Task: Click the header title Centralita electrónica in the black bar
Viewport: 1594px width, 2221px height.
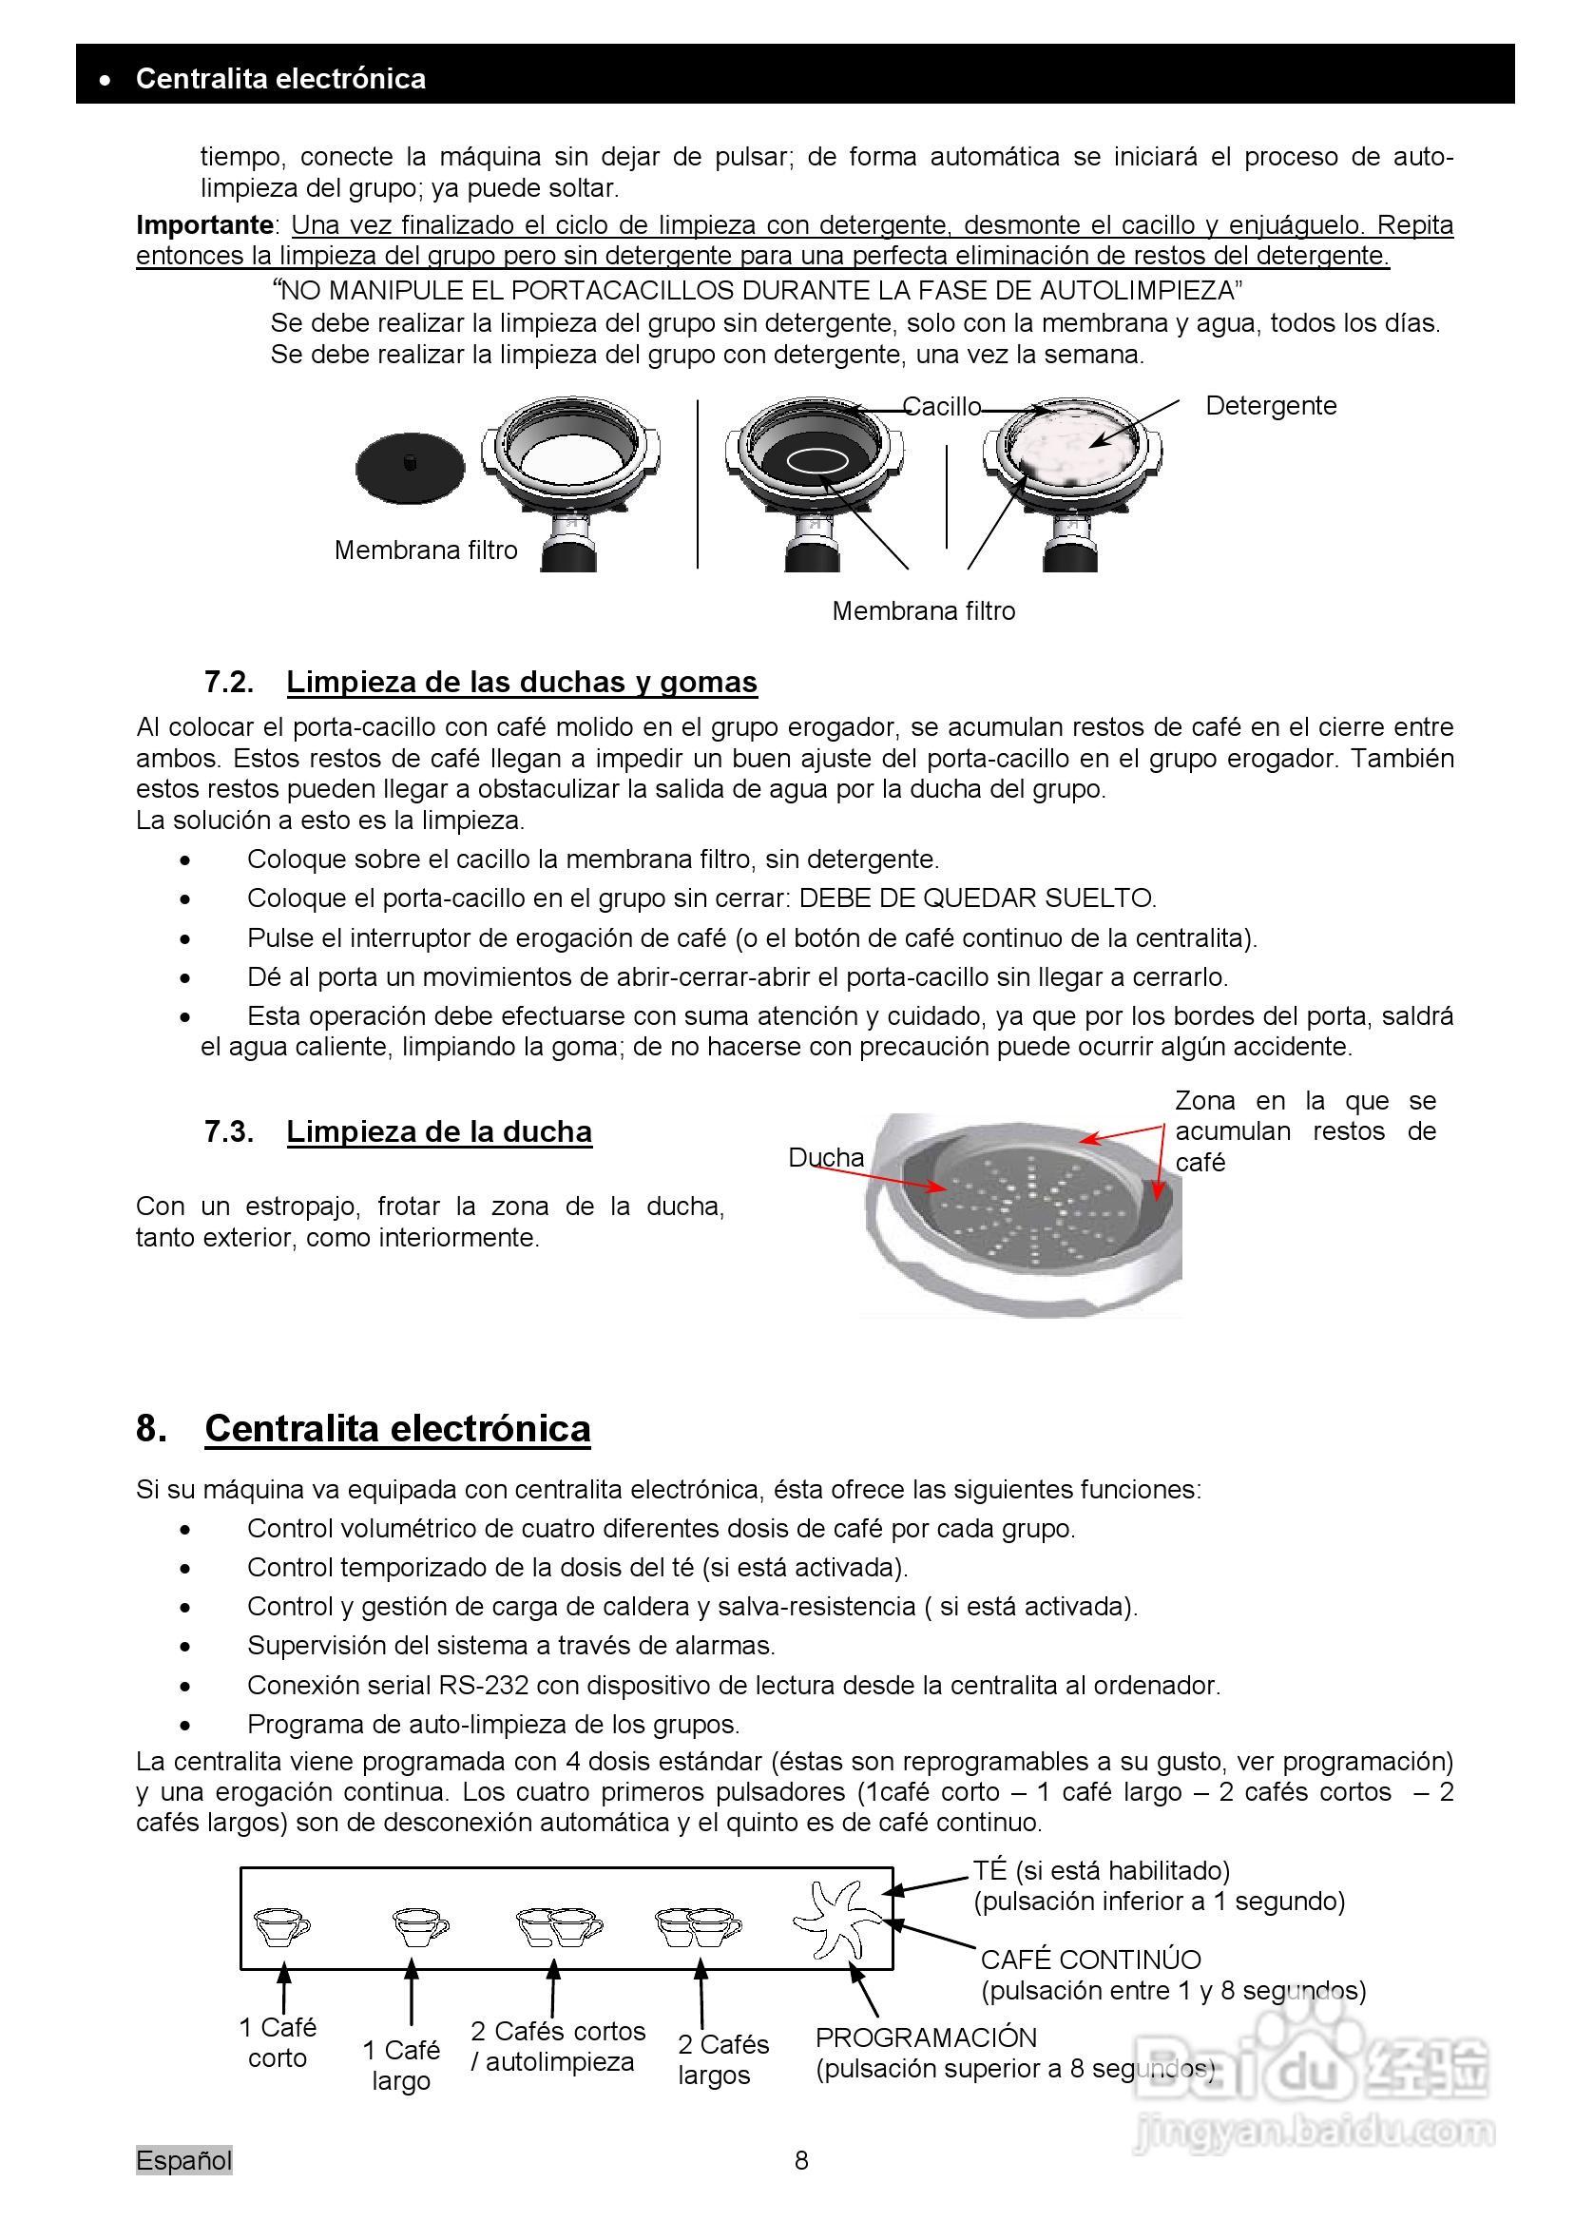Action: [x=280, y=78]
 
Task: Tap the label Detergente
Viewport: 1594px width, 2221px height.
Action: [x=1270, y=405]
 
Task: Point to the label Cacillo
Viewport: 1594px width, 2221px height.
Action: [x=941, y=406]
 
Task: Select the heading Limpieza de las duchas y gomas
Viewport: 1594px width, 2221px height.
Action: [x=521, y=682]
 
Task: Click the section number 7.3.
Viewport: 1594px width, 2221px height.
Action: [x=229, y=1131]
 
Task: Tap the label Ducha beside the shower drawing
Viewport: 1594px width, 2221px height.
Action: [x=825, y=1157]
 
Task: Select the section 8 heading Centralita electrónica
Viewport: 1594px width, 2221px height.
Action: [x=396, y=1429]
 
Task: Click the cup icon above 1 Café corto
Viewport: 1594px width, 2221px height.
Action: [x=281, y=1927]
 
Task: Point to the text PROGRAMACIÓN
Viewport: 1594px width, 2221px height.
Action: [x=925, y=2038]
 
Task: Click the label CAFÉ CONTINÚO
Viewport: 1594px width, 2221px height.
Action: [x=1089, y=1960]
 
